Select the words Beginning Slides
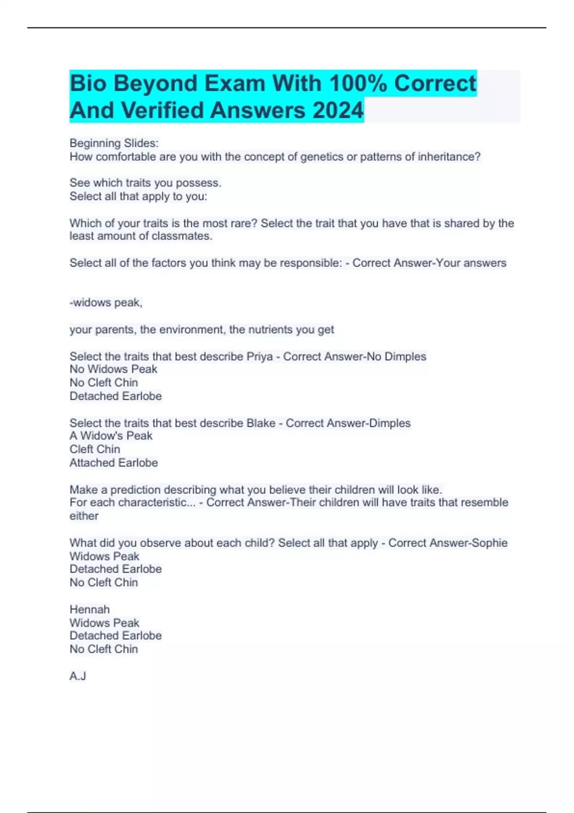[x=114, y=143]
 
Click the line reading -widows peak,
[x=106, y=303]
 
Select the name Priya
[x=259, y=356]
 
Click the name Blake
[x=261, y=423]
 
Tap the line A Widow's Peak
[x=110, y=436]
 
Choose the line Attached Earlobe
[x=113, y=462]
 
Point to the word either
[x=84, y=516]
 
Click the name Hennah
[x=89, y=609]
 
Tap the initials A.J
[x=77, y=676]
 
